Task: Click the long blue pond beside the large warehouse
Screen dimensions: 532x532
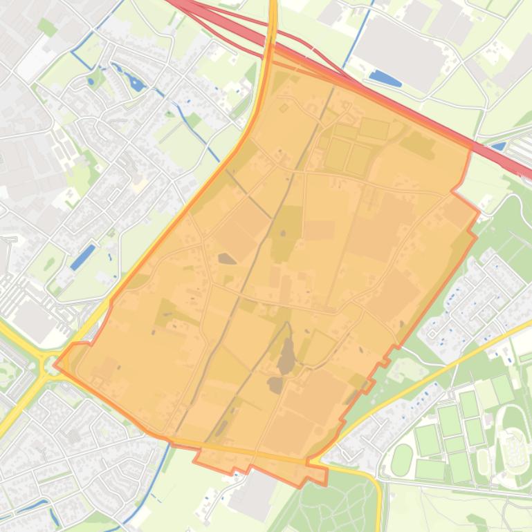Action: tap(385, 78)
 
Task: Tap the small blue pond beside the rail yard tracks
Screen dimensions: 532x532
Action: tap(498, 146)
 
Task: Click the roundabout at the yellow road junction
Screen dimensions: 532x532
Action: tap(48, 363)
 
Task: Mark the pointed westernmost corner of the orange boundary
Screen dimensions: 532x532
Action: tap(55, 364)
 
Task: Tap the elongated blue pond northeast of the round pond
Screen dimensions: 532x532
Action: tap(135, 84)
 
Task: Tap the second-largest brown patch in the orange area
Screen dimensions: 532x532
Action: tap(276, 385)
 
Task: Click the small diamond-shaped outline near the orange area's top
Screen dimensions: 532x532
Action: tap(284, 108)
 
